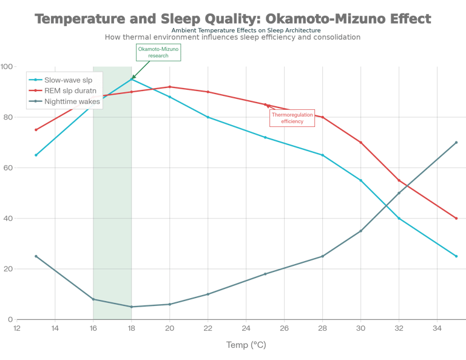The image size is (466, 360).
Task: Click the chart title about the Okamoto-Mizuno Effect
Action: click(x=233, y=19)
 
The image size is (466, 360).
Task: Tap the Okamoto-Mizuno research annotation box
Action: click(x=158, y=52)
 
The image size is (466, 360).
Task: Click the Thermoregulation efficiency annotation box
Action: click(x=292, y=118)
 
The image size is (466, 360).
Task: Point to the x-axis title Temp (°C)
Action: click(x=246, y=345)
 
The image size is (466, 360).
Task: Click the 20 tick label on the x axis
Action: click(x=169, y=328)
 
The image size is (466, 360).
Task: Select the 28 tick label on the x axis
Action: click(x=322, y=328)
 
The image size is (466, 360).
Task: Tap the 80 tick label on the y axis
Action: click(x=8, y=117)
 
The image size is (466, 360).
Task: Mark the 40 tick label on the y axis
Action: click(x=8, y=219)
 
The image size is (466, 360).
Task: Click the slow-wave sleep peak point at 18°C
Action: click(x=132, y=79)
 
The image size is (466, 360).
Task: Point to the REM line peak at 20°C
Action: click(x=169, y=87)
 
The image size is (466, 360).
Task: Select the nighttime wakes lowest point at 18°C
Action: click(x=132, y=307)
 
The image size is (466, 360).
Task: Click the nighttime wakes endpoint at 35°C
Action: click(x=456, y=142)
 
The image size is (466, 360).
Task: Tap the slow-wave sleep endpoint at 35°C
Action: click(x=456, y=256)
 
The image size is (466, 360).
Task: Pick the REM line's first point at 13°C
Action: click(x=36, y=130)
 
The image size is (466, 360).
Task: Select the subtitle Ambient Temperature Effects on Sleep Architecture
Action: click(x=246, y=30)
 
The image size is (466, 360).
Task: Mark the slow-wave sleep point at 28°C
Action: click(x=322, y=155)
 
